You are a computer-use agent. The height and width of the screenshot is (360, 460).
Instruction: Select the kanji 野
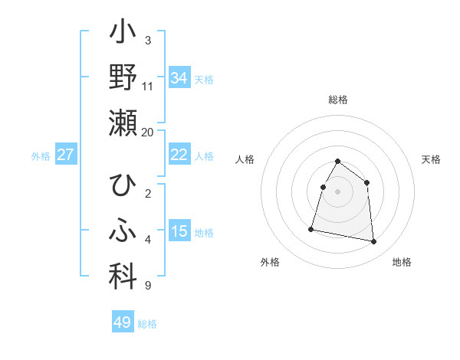pos(123,78)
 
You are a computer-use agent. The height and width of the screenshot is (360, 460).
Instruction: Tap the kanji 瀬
pos(123,123)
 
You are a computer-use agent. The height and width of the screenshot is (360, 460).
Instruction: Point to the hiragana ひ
pos(123,186)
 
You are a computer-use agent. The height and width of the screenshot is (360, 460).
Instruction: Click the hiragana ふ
pos(123,231)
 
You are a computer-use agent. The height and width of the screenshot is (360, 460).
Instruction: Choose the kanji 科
pos(123,277)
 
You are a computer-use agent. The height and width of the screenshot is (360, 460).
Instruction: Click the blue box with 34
pos(179,78)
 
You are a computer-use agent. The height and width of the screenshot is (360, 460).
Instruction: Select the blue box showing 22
pos(179,155)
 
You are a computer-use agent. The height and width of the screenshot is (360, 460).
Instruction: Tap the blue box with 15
pos(179,231)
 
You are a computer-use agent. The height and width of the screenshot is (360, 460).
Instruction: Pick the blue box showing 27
pos(66,155)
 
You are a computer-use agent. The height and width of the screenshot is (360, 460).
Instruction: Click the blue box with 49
pos(123,322)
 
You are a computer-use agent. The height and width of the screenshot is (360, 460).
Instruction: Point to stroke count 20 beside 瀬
pos(148,132)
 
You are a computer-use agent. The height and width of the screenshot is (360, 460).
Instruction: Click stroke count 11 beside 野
pos(148,87)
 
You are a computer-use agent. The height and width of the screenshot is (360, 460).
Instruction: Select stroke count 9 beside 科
pos(148,286)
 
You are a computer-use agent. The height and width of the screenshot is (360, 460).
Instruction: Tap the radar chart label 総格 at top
pos(338,100)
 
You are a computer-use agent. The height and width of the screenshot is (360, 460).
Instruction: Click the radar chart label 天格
pos(432,159)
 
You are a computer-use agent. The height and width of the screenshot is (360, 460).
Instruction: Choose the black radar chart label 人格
pos(245,159)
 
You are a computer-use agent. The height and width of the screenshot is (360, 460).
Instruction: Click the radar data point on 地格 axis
pos(374,242)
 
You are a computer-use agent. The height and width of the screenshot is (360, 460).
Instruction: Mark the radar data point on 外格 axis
pos(311,229)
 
